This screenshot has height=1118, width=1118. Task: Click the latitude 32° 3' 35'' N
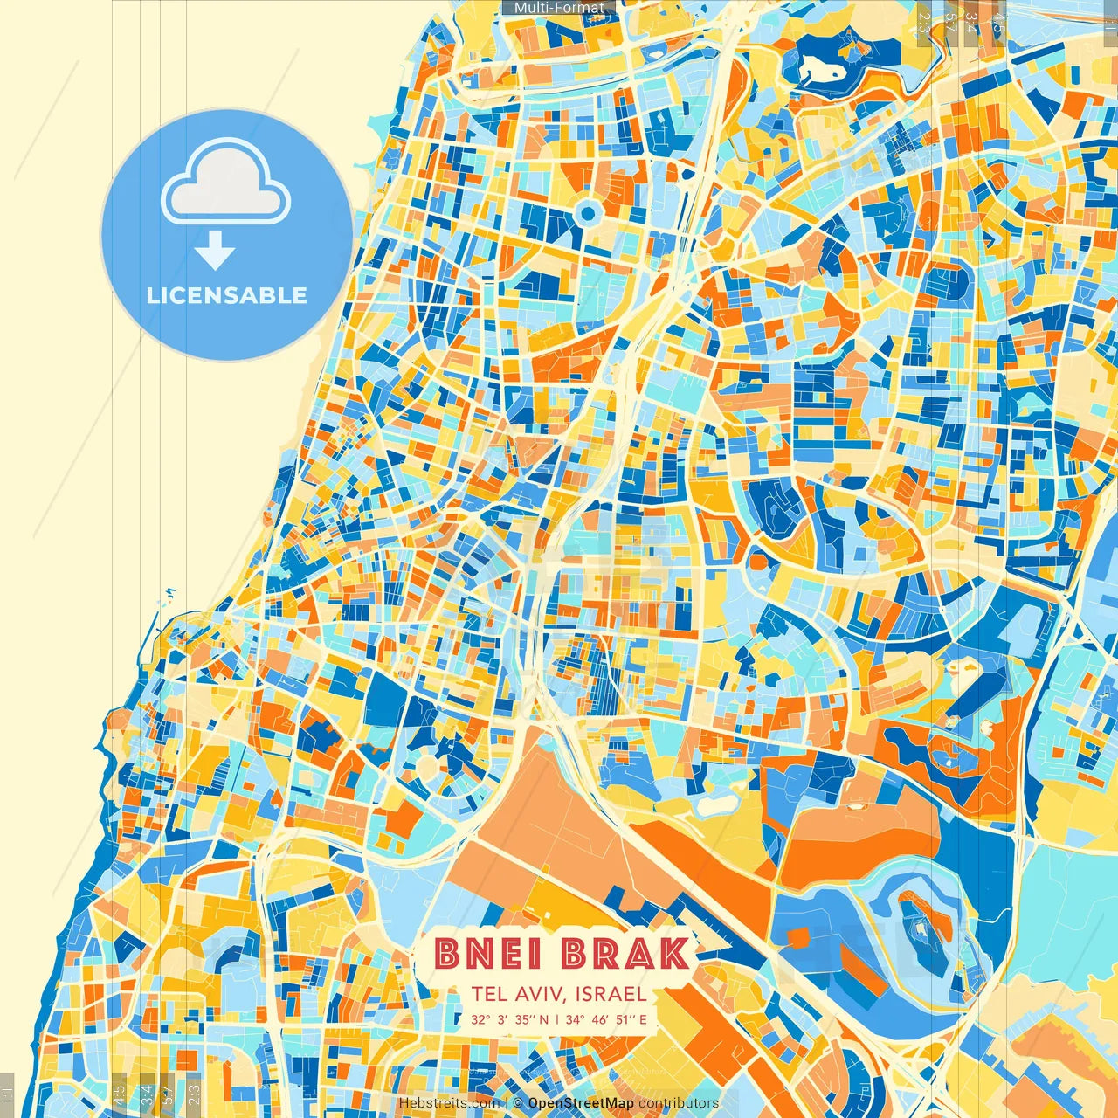tap(510, 1019)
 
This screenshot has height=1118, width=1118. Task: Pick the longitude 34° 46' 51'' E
tap(606, 1019)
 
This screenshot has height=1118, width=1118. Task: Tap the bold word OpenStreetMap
tap(581, 1103)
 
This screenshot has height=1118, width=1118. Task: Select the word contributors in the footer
tap(679, 1103)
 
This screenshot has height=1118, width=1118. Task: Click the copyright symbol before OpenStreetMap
tap(518, 1103)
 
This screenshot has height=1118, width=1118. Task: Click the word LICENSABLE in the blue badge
tap(227, 295)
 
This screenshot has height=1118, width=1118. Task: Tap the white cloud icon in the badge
tap(225, 185)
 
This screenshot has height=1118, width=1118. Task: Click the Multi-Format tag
tap(559, 8)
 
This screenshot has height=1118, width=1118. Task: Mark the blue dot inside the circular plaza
tap(587, 212)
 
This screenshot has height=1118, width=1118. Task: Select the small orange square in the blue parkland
tap(797, 937)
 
